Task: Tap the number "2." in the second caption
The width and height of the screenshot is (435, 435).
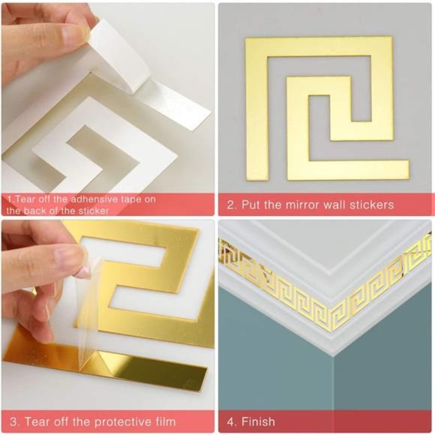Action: [232, 205]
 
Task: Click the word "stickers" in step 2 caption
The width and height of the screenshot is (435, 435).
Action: [369, 205]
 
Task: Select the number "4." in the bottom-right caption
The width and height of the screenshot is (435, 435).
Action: [232, 421]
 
